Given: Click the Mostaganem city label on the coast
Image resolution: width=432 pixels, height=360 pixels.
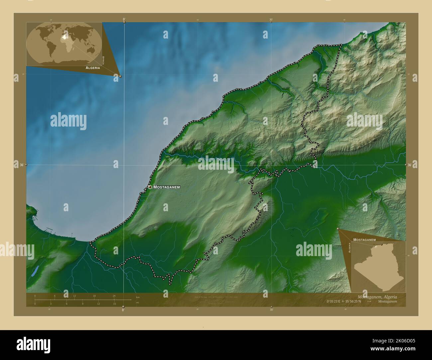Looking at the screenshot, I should click(166, 187).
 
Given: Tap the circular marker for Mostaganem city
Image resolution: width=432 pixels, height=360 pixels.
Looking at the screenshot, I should click(150, 187).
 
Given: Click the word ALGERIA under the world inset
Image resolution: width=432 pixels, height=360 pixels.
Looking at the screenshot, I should click(93, 67).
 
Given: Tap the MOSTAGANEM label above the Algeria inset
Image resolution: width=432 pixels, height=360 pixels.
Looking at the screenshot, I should click(364, 239).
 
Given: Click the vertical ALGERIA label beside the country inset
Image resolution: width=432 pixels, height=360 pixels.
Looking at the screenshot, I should click(349, 248).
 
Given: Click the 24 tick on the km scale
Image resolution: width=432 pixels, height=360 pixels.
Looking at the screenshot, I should click(114, 296).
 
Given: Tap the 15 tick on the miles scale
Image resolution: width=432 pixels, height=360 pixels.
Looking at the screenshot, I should click(114, 304).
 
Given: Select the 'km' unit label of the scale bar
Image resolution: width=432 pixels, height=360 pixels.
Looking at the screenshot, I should click(138, 297).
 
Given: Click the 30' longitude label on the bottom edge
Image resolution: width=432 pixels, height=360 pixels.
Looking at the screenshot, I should click(271, 310).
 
